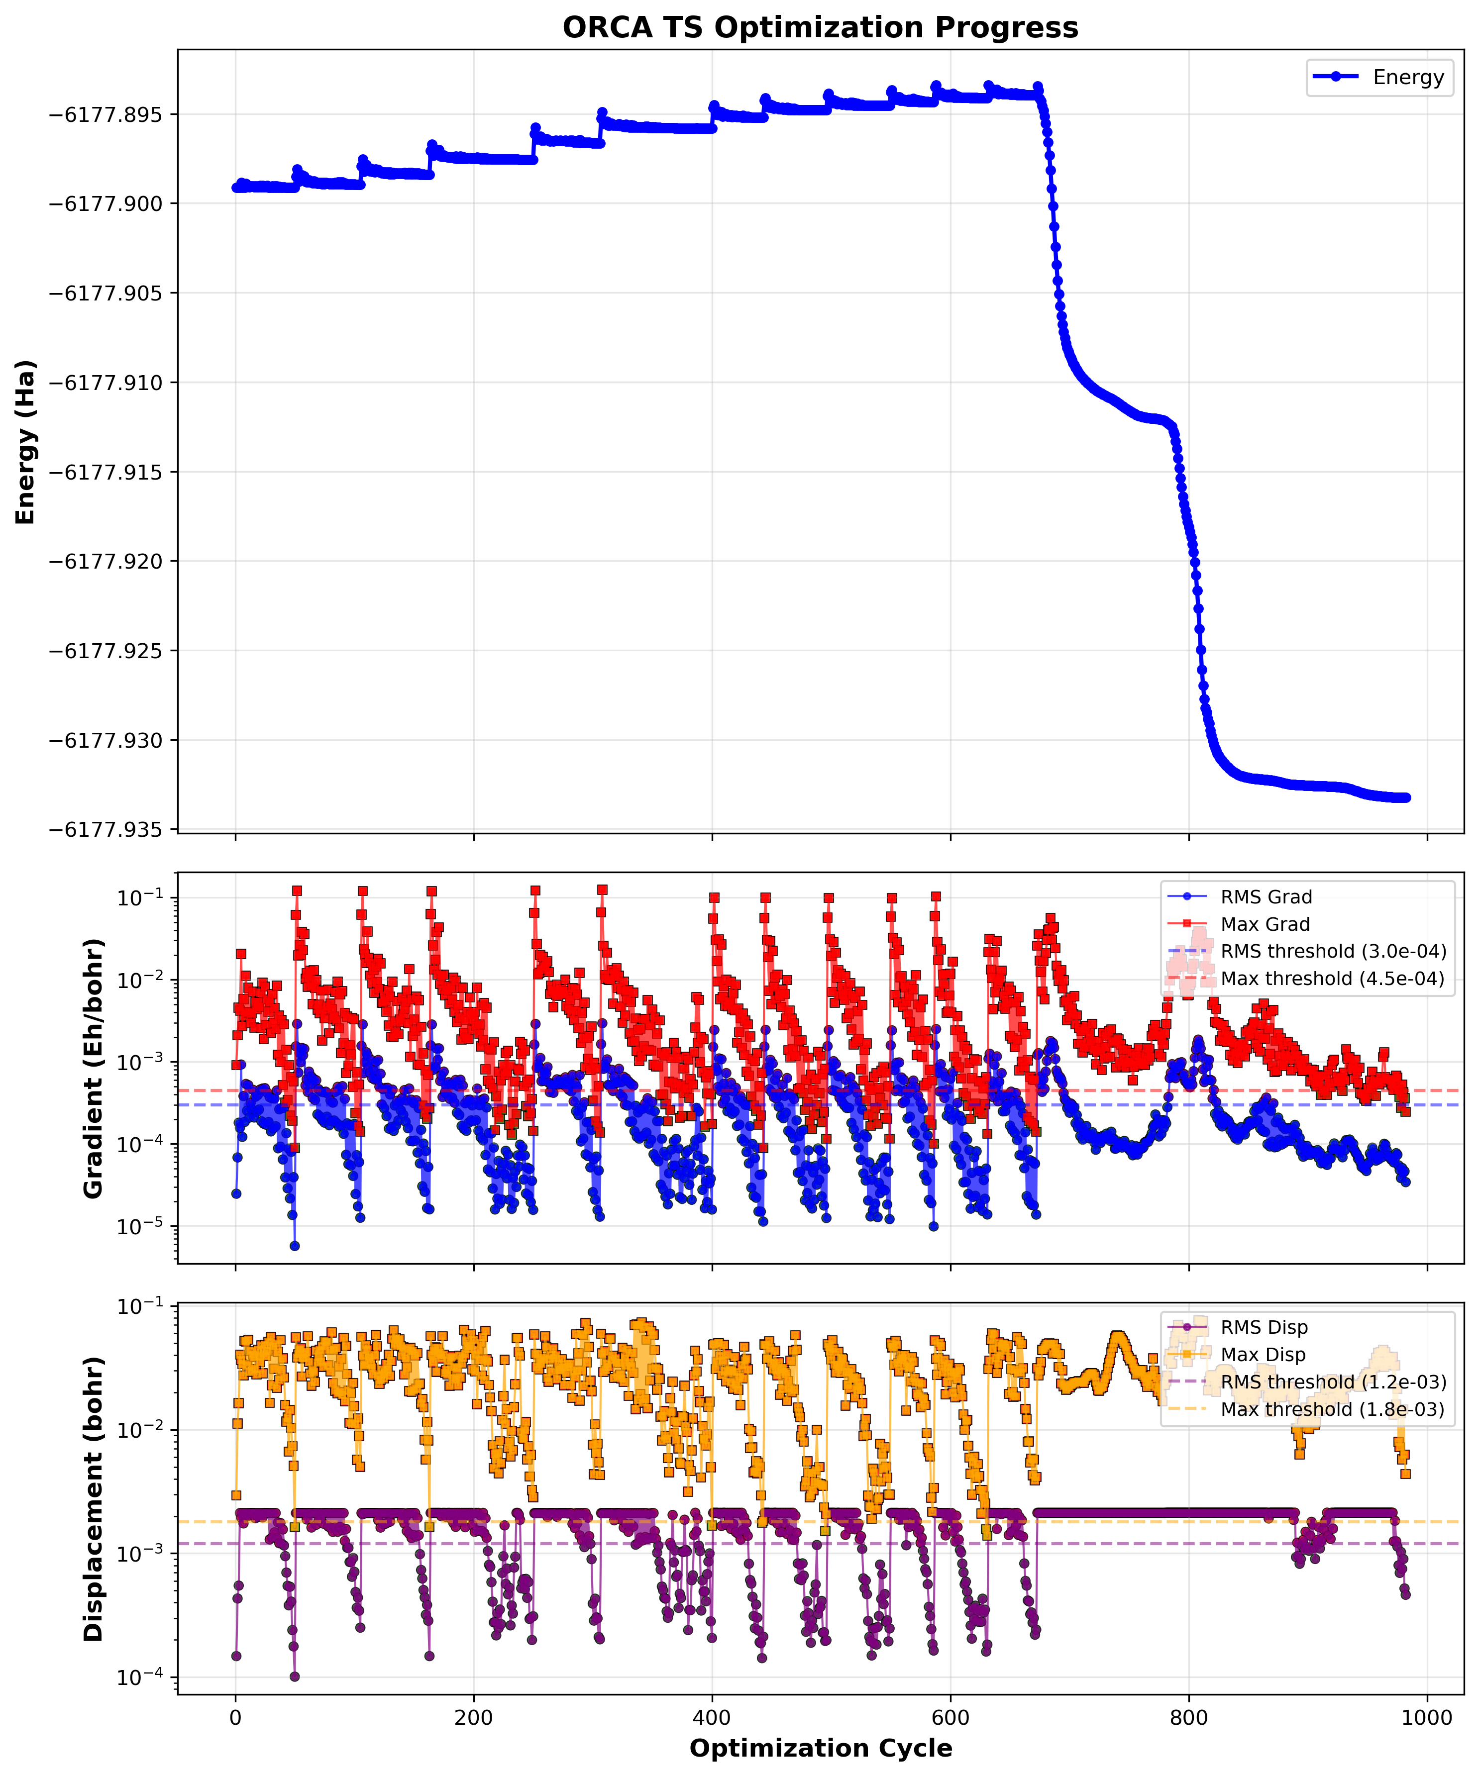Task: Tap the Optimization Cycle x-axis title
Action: click(x=820, y=1748)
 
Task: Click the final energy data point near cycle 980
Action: click(x=1406, y=797)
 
